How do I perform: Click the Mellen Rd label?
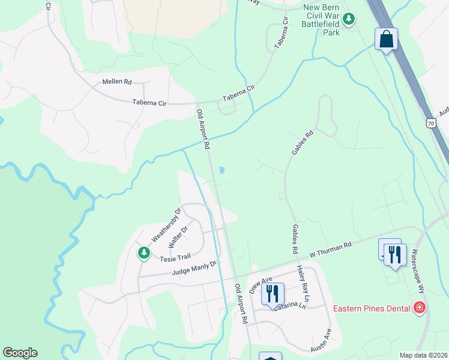point(116,82)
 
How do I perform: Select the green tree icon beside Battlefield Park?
point(349,21)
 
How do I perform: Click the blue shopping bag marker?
point(387,40)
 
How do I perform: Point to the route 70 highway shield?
point(431,123)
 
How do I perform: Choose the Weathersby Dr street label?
point(166,224)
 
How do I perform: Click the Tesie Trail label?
point(175,259)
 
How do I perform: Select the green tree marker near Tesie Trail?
point(143,253)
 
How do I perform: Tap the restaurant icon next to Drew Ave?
point(273,293)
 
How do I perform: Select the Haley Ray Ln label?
point(304,284)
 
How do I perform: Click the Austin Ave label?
point(321,340)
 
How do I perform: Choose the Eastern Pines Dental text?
point(372,308)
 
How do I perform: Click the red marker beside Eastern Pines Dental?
point(420,308)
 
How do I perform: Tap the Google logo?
point(20,353)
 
